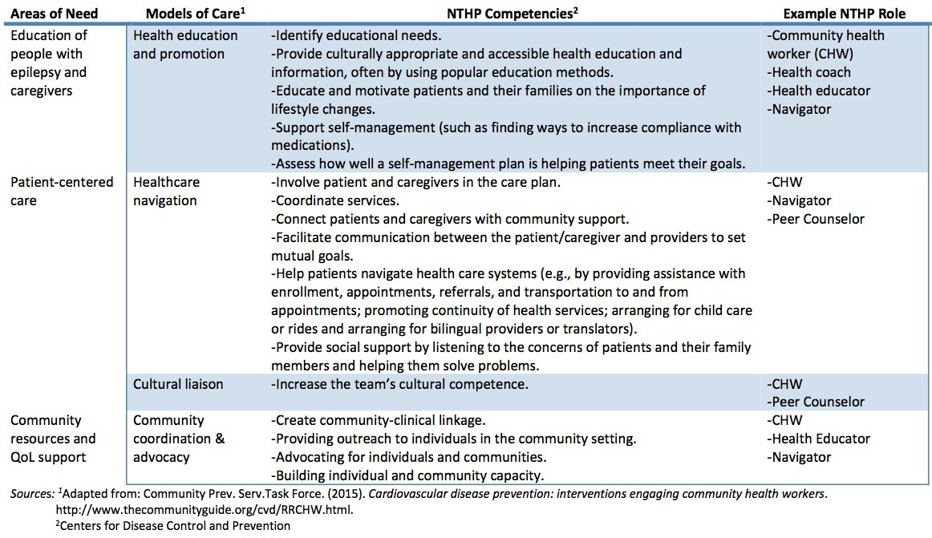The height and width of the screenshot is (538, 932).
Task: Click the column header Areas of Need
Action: point(55,13)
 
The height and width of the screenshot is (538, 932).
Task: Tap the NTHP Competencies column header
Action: point(515,13)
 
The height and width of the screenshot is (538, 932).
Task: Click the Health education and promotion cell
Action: point(185,45)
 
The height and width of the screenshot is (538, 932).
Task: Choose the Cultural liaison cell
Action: point(178,384)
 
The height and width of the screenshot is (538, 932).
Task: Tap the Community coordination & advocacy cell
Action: point(179,439)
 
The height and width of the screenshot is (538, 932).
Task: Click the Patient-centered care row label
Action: point(62,192)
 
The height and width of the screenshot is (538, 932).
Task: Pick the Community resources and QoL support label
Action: point(53,439)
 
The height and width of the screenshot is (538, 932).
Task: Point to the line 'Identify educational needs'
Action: point(358,36)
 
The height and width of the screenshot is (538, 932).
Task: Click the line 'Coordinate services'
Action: point(337,200)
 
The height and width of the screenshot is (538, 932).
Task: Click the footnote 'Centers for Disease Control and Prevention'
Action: point(172,526)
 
